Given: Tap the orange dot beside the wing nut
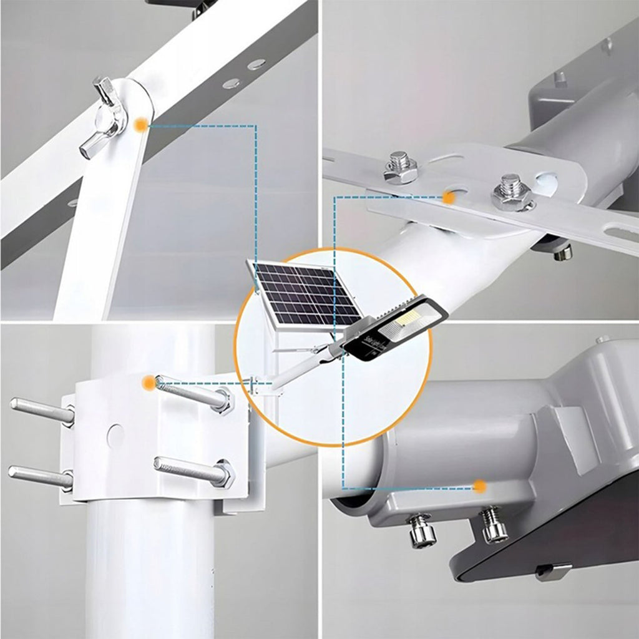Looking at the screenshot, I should click(142, 125).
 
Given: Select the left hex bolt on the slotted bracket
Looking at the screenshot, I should click(400, 167).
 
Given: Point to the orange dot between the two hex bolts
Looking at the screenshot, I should click(448, 197).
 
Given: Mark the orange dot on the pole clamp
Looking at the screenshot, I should click(148, 383).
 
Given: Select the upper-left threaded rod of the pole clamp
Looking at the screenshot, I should click(40, 409).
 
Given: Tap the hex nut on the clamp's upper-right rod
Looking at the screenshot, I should click(222, 401).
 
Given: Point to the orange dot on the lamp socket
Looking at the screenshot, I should click(479, 485).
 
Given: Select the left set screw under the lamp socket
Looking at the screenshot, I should click(421, 530).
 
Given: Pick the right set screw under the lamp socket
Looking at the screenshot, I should click(494, 525).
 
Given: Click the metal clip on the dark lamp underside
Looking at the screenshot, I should click(553, 570).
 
